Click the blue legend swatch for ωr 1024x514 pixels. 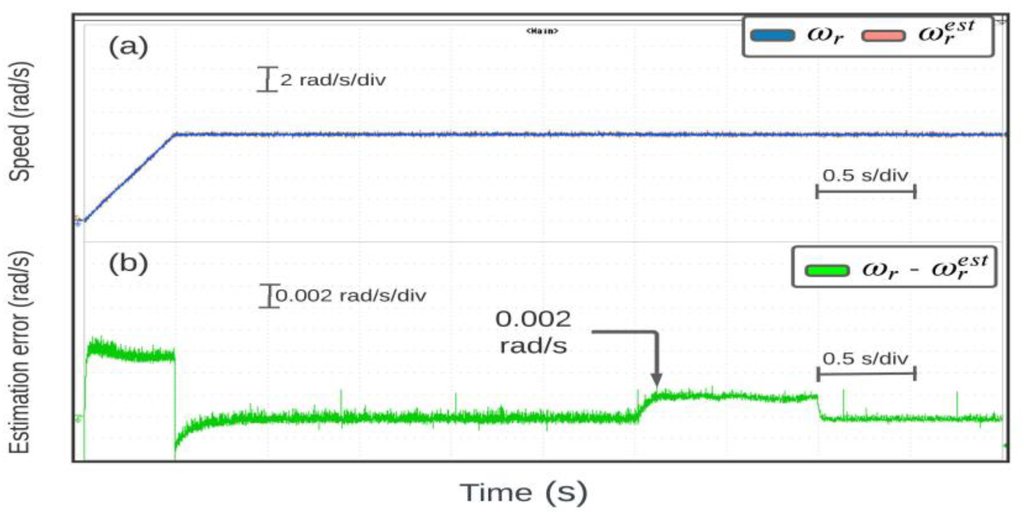[772, 35]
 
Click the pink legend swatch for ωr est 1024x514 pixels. [883, 36]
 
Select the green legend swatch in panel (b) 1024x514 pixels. [827, 271]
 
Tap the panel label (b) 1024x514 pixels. [128, 264]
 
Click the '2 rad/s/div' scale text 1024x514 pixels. [333, 80]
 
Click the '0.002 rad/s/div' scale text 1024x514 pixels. [351, 295]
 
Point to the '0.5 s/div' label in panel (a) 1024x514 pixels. [865, 176]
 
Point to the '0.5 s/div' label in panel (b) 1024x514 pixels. [865, 359]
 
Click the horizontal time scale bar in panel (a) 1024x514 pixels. [866, 192]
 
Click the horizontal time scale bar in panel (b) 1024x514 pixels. [866, 374]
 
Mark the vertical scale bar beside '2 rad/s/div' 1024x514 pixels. [267, 79]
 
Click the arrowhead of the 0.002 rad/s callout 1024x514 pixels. [656, 380]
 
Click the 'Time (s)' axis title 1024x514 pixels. [523, 492]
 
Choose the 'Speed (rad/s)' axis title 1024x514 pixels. [20, 121]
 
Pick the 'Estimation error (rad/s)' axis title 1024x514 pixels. [20, 352]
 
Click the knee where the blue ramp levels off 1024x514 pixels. [175, 134]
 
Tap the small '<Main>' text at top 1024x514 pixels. [542, 31]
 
